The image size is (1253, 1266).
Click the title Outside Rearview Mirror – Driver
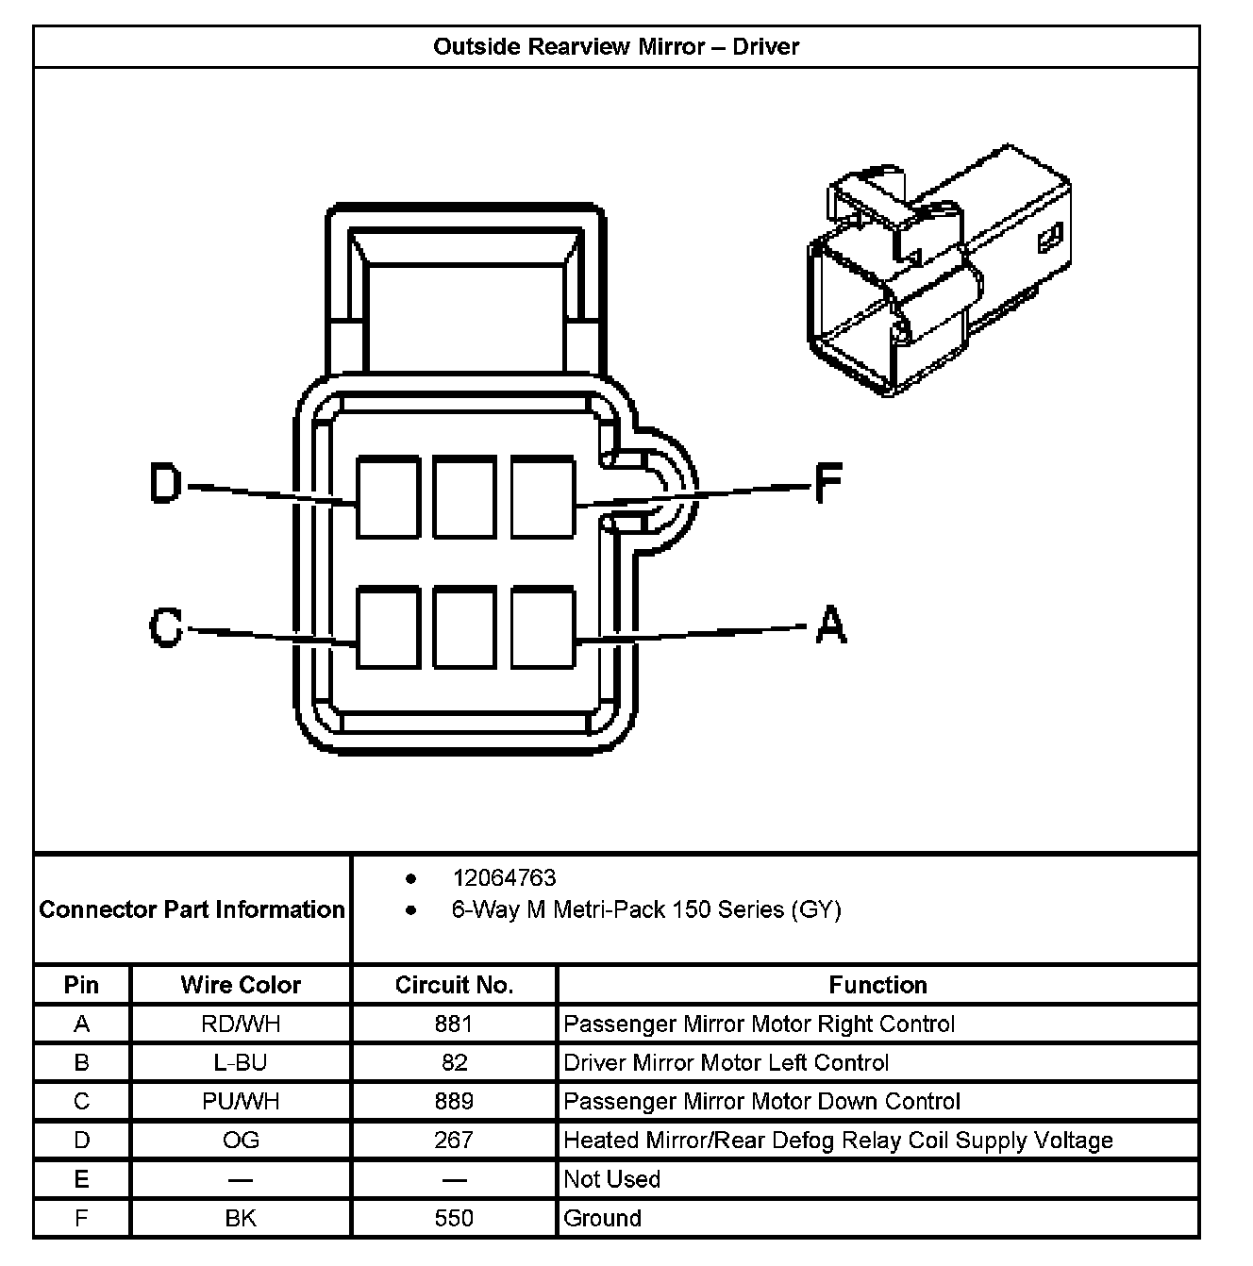click(616, 47)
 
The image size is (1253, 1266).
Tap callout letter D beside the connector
click(166, 484)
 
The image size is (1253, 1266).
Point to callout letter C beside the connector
click(166, 626)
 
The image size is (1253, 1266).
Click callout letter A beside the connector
click(830, 625)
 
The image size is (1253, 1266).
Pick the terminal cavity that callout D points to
click(388, 497)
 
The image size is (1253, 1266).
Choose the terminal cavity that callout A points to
click(543, 627)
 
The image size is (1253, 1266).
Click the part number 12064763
click(504, 878)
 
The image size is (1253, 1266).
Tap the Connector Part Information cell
click(192, 909)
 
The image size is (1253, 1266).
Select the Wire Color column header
click(241, 985)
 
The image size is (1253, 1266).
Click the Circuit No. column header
click(454, 985)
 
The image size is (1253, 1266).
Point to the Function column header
click(877, 985)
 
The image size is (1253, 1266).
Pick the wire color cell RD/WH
click(241, 1024)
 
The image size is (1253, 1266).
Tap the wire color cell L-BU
click(241, 1062)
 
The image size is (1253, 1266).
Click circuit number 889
click(454, 1101)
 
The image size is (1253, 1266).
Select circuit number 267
click(454, 1140)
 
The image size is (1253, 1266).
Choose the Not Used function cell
click(611, 1179)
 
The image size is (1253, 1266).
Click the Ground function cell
click(602, 1218)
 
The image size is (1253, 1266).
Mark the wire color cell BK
click(241, 1218)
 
